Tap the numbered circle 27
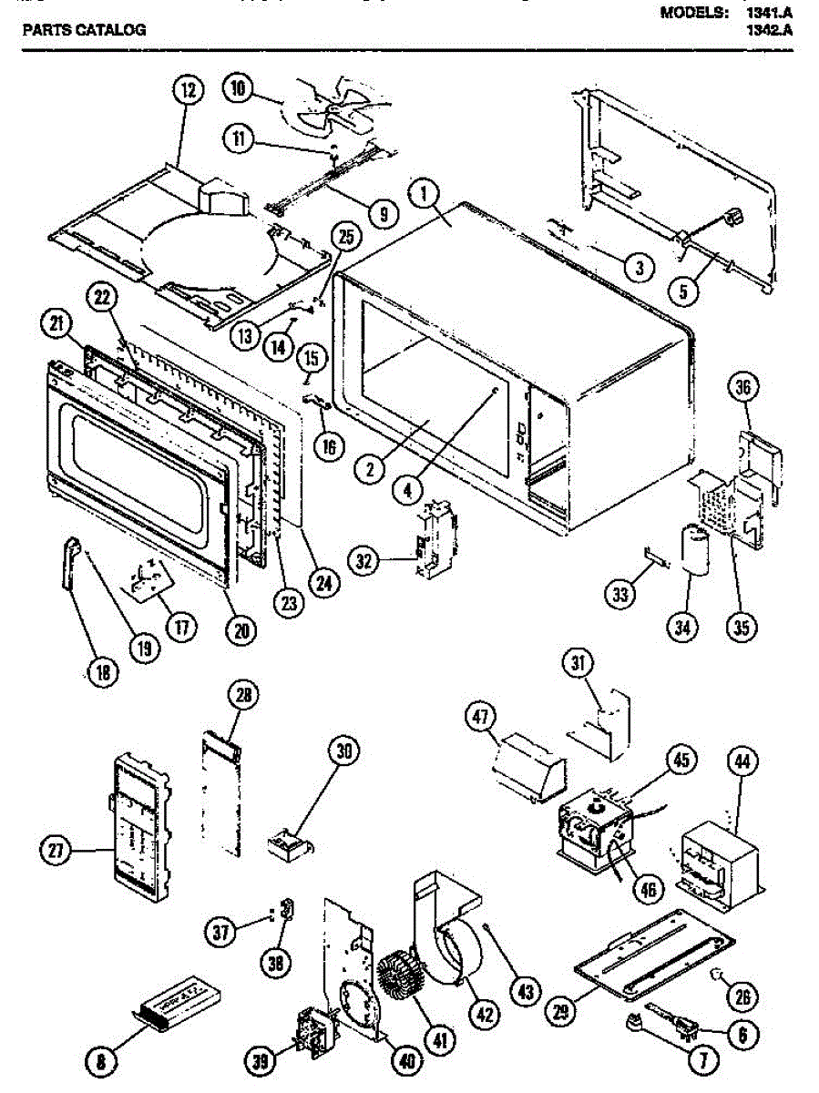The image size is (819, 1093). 56,852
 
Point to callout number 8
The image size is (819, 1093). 101,1059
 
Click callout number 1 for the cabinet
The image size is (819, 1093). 425,194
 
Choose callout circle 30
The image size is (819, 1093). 343,752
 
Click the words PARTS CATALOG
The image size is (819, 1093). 84,29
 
